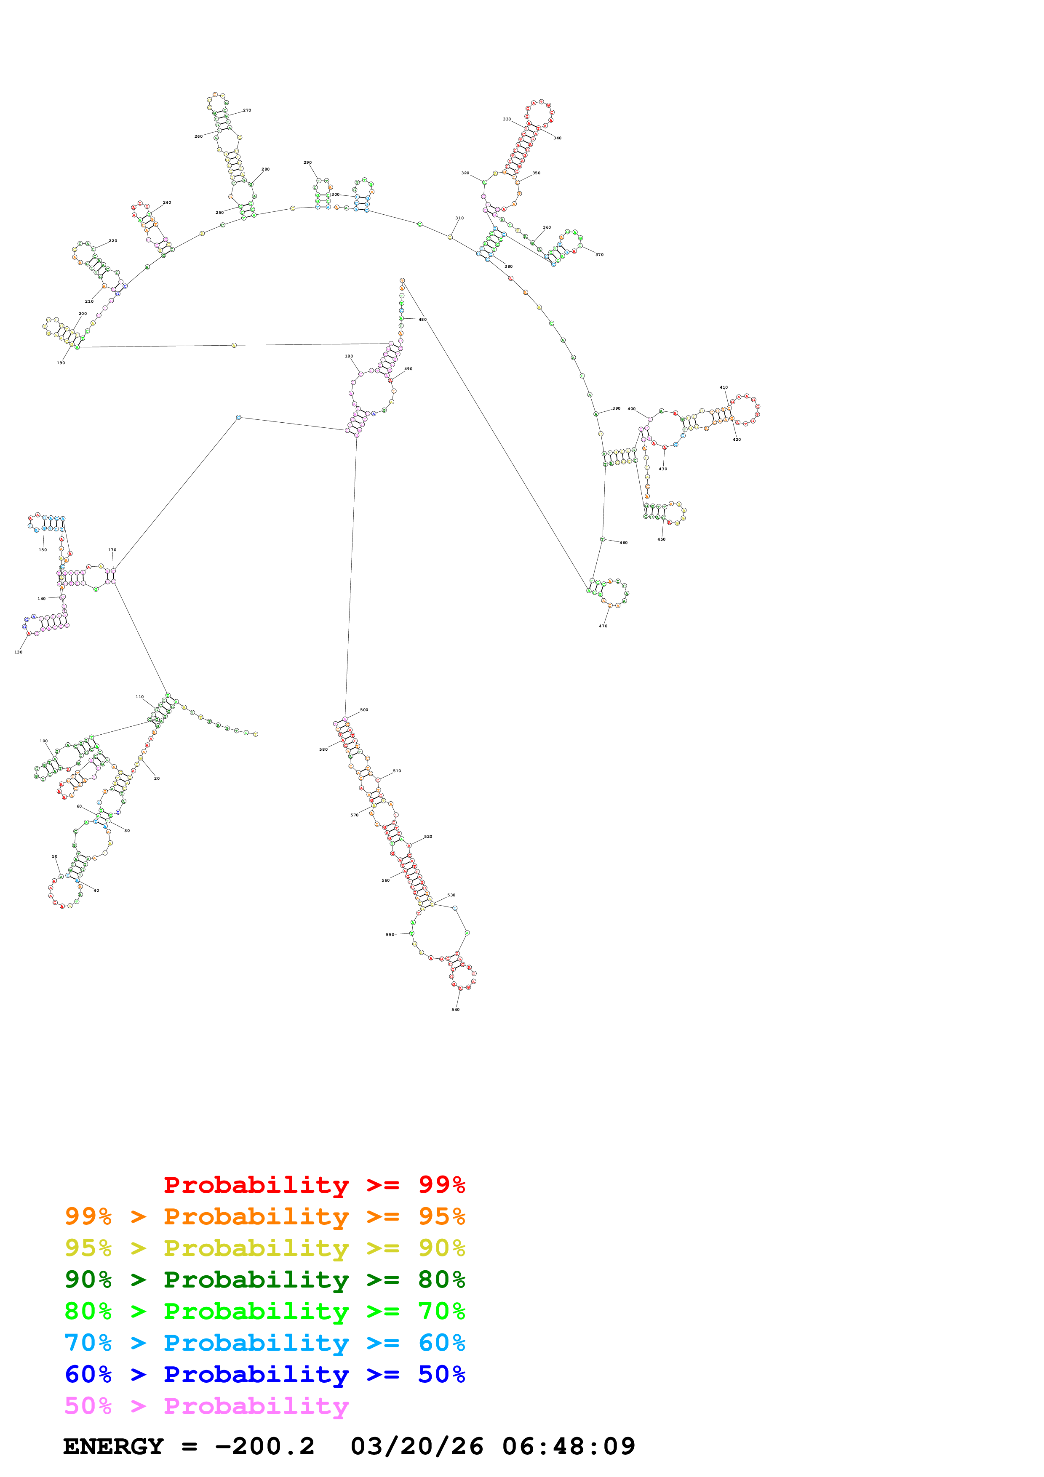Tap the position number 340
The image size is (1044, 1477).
(x=557, y=138)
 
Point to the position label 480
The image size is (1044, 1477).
(x=423, y=320)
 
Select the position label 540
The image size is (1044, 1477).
(x=455, y=1009)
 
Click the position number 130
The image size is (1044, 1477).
(x=18, y=652)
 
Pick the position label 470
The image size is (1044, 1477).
(x=603, y=626)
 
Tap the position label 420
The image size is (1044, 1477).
(x=737, y=440)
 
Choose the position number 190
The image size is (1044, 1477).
(x=61, y=363)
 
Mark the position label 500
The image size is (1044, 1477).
(x=364, y=710)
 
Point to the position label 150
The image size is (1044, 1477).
(x=43, y=550)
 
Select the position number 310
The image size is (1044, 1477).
(x=459, y=218)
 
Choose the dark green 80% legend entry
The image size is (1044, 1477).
(x=265, y=1280)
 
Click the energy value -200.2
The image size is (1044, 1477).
(x=264, y=1446)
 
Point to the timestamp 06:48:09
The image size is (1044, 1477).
(x=569, y=1446)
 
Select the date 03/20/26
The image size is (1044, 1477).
(x=417, y=1446)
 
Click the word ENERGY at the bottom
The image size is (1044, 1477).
(x=113, y=1446)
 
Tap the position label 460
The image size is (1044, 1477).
(x=623, y=543)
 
